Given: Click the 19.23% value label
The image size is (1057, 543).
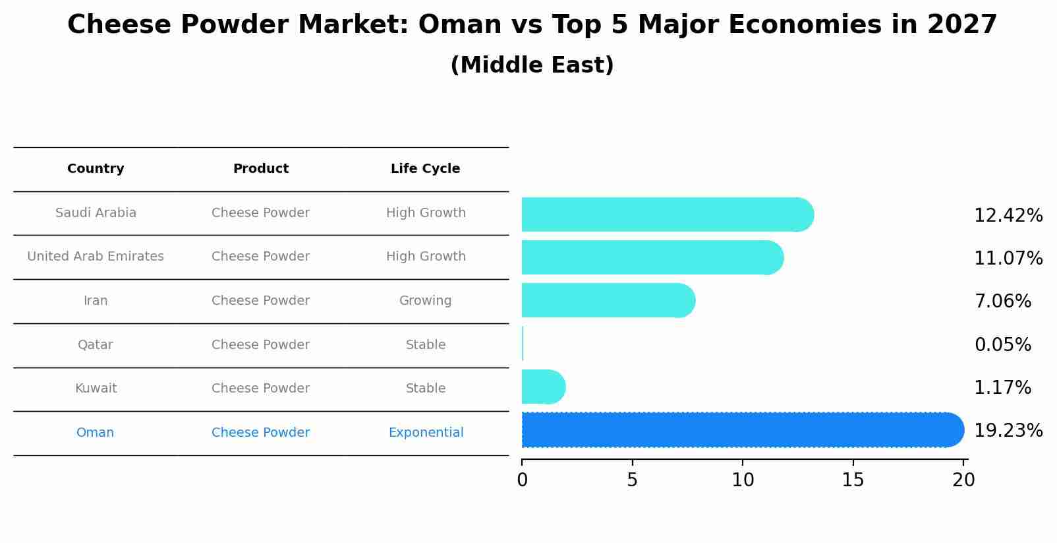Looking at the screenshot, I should (x=1008, y=431).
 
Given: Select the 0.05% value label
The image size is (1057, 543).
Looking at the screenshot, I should (x=1002, y=344).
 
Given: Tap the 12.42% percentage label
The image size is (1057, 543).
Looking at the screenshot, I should (x=1008, y=216).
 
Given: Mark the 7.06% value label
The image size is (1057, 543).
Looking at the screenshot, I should (x=1002, y=302).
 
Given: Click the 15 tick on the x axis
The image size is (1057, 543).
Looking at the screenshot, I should (x=853, y=480).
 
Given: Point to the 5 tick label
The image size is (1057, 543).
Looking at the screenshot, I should (x=632, y=480).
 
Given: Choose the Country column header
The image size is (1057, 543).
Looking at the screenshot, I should (x=96, y=169).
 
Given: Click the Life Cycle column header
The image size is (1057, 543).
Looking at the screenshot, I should (x=425, y=169).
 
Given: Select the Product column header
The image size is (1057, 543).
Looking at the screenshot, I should (x=261, y=169).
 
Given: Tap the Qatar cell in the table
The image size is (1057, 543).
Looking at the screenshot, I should (x=96, y=345).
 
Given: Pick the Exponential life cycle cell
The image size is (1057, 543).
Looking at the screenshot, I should (x=426, y=433).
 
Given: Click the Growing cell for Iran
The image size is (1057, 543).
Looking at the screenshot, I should (x=425, y=301).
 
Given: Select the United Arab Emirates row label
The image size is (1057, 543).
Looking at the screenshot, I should (x=96, y=257).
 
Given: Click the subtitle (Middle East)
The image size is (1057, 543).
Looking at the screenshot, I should (x=532, y=65).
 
